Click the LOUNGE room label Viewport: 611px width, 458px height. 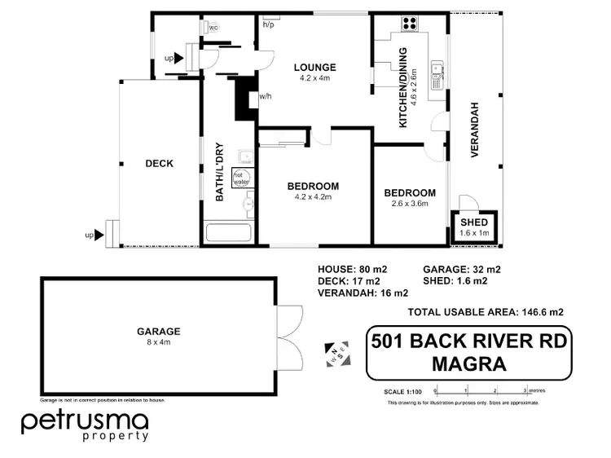pyautogui.click(x=316, y=67)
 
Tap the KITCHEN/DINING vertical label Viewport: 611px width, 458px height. pyautogui.click(x=402, y=97)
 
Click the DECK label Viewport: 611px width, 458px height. pyautogui.click(x=160, y=164)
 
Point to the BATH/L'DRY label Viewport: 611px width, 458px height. pyautogui.click(x=219, y=172)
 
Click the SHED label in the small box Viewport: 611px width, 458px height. pyautogui.click(x=473, y=222)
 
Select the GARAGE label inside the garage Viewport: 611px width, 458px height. pyautogui.click(x=159, y=332)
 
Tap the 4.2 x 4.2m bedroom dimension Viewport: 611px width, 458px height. pyautogui.click(x=313, y=197)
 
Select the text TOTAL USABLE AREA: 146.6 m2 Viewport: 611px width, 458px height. pyautogui.click(x=486, y=311)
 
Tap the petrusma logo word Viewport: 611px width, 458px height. pyautogui.click(x=85, y=421)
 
